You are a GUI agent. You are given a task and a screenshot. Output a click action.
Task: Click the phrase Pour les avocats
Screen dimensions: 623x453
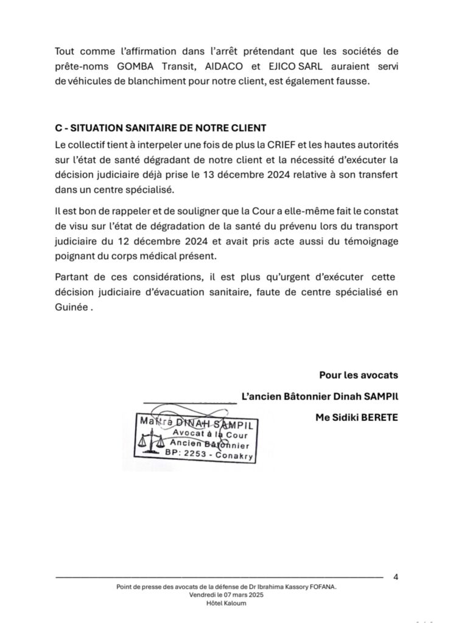358,375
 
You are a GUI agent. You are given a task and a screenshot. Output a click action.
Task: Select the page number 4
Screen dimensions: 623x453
396,577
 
